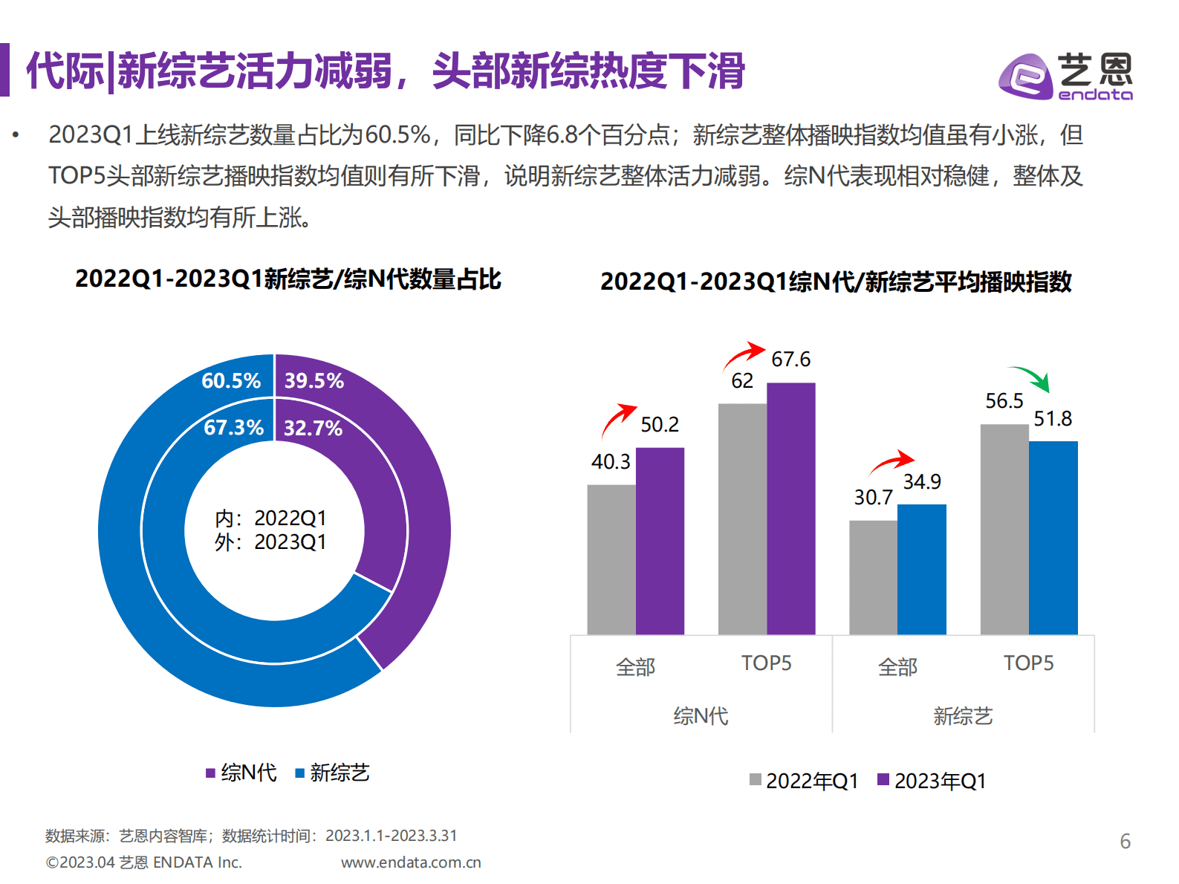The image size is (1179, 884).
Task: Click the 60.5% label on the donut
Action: (x=231, y=381)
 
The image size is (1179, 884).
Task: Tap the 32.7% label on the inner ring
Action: (x=313, y=429)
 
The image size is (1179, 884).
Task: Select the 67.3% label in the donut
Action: (x=233, y=428)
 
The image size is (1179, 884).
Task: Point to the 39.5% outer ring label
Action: (x=314, y=381)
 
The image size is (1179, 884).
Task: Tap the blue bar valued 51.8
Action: (x=1053, y=538)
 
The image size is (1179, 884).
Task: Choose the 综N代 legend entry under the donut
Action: (x=241, y=773)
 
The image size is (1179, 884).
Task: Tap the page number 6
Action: (x=1125, y=842)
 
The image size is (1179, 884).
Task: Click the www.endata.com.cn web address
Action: (x=411, y=862)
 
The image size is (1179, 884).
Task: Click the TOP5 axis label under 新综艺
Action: (x=1028, y=663)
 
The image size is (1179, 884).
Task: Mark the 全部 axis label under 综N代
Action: (x=635, y=667)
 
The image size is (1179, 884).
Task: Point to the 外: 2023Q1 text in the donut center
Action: (x=270, y=542)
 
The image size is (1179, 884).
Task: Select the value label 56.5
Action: (x=1004, y=401)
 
